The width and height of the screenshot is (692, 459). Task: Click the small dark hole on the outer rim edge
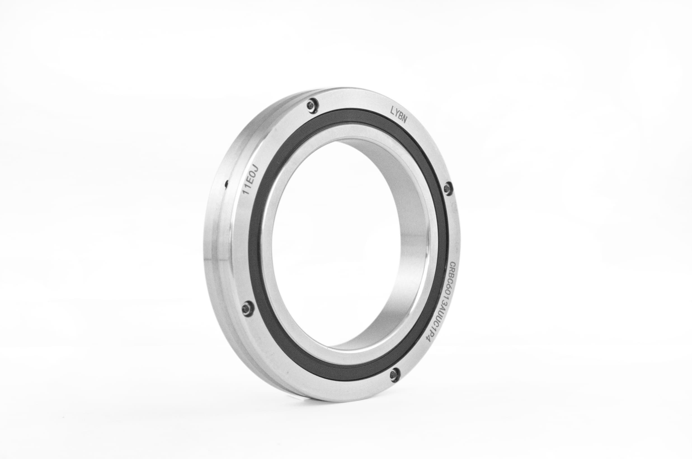tap(227, 184)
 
